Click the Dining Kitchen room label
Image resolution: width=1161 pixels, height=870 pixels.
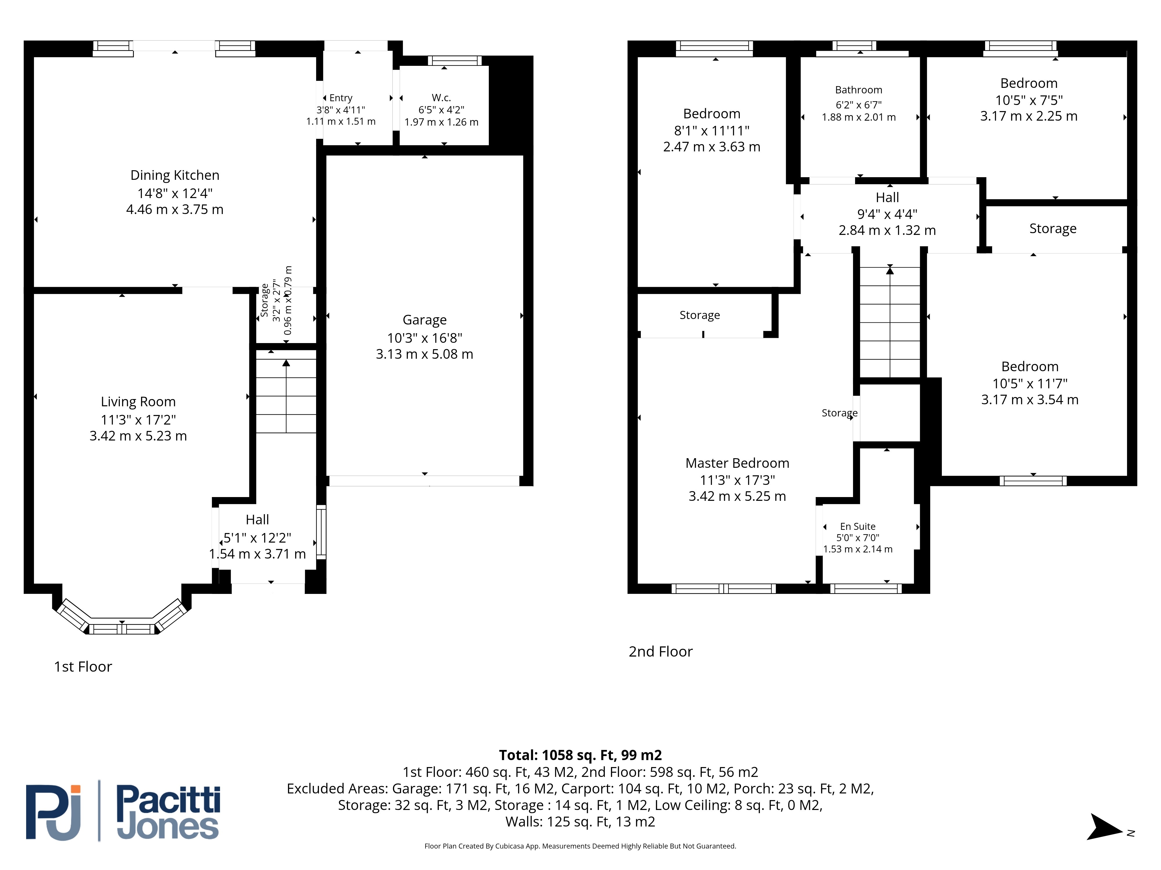click(x=175, y=175)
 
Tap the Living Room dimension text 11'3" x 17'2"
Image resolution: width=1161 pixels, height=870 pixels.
click(x=138, y=420)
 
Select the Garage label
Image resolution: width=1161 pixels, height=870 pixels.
click(x=425, y=320)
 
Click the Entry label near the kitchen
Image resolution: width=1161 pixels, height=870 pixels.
click(x=341, y=98)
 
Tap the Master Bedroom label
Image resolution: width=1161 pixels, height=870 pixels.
click(x=738, y=463)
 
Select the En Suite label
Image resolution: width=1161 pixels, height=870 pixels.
click(x=858, y=527)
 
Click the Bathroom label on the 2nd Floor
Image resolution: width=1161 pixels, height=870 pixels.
click(x=859, y=90)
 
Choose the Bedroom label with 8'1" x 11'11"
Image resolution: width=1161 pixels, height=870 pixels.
click(x=712, y=114)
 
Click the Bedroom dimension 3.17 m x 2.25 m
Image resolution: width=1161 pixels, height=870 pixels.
click(x=1029, y=116)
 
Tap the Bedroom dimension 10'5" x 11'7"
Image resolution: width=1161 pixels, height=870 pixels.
click(x=1030, y=383)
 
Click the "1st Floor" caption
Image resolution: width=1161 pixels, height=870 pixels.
click(x=83, y=666)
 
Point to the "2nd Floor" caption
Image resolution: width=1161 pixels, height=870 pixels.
click(x=661, y=651)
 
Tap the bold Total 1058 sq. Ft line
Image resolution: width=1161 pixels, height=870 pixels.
click(x=580, y=755)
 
